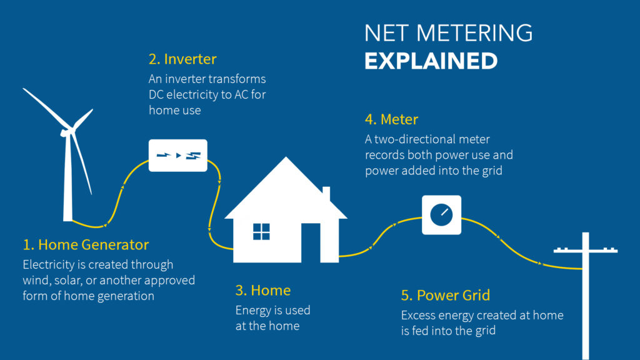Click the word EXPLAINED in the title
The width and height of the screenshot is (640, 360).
coord(431,61)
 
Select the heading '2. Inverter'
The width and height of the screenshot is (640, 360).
coord(182,59)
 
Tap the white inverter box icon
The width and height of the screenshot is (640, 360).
coord(178,156)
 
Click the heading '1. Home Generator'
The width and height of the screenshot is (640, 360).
coord(86,245)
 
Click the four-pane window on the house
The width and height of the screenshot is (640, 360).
coord(261,232)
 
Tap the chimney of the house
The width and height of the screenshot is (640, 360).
coord(326,194)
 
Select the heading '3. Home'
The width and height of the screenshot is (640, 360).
coord(263,290)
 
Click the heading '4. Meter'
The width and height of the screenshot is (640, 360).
coord(391,119)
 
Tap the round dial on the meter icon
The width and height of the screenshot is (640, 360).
coord(441,215)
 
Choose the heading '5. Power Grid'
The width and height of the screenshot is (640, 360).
coord(445,295)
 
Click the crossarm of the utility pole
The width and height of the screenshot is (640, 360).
coord(585,250)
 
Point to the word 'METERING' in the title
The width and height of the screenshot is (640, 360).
coord(474,33)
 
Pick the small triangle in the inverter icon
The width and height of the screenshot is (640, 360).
coord(178,156)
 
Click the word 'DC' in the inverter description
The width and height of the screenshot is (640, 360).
coord(156,95)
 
